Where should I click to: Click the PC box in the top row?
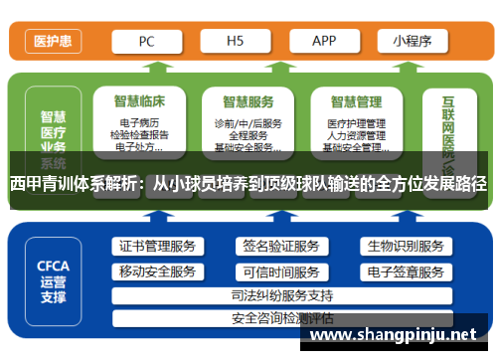(x=146, y=41)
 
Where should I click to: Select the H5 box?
(x=236, y=41)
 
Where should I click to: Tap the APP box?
(x=324, y=41)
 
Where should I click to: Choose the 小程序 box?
(x=411, y=41)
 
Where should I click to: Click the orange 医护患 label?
(x=52, y=41)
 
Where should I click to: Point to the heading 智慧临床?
(x=139, y=101)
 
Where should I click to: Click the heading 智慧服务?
(x=248, y=101)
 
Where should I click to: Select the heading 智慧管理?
(x=356, y=101)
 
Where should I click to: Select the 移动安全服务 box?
(x=156, y=271)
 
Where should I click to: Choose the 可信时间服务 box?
(x=281, y=271)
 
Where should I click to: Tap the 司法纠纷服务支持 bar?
(x=281, y=295)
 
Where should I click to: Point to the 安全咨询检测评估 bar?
(x=281, y=318)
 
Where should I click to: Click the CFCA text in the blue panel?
(x=53, y=266)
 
